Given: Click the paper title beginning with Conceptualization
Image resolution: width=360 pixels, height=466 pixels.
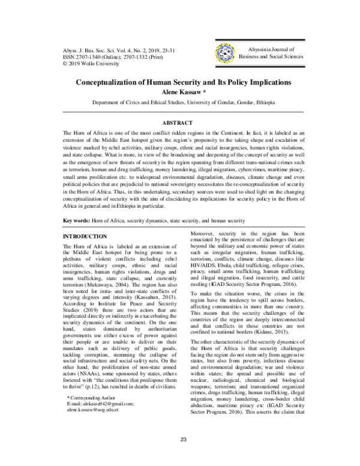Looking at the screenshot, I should point(180,80).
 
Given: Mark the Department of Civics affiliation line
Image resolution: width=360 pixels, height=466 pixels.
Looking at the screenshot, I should point(180,102).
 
